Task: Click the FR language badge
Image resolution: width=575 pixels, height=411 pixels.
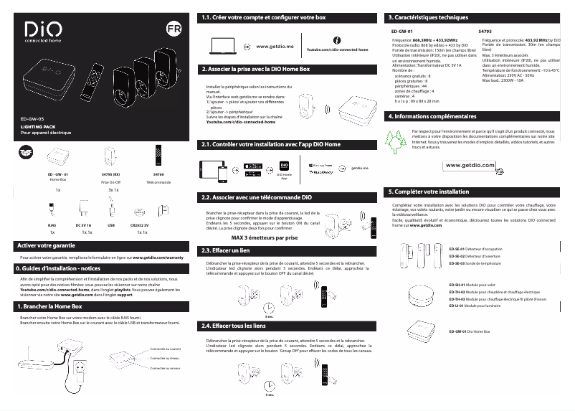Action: (x=173, y=30)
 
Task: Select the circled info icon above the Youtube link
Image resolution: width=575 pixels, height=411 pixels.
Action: (x=337, y=38)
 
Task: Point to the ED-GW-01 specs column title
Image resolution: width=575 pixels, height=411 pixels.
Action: (x=402, y=32)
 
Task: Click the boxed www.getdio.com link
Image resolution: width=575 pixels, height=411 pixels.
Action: (x=474, y=165)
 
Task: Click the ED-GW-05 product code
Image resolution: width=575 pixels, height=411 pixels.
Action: (x=32, y=118)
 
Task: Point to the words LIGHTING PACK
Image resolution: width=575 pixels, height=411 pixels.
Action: (x=37, y=126)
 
